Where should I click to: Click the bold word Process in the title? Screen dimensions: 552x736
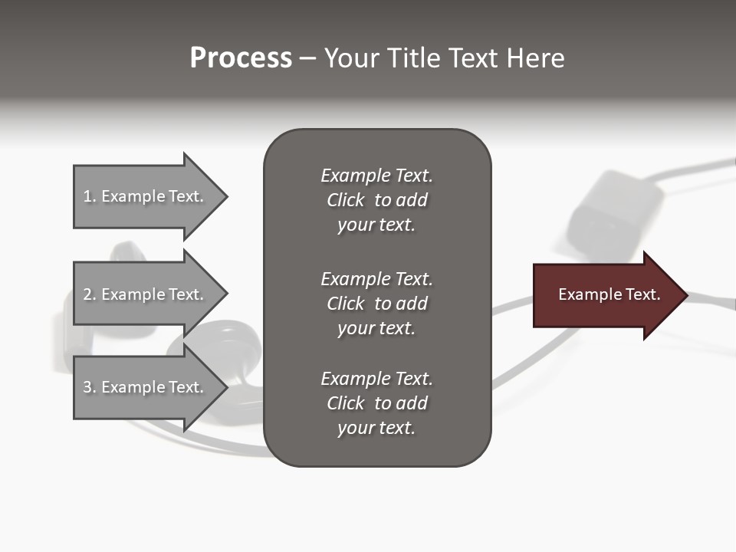241,58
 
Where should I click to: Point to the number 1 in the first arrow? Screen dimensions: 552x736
88,196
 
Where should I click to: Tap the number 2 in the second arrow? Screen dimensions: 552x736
88,294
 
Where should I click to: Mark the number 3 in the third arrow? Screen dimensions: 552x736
88,387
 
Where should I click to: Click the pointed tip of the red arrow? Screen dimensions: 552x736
685,295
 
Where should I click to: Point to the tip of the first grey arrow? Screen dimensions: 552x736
225,196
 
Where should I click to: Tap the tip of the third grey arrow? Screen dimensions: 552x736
225,387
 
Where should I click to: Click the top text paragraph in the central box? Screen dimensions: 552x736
376,200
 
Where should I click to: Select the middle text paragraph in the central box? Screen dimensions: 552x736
376,304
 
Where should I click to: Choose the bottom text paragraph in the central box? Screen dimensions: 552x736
376,403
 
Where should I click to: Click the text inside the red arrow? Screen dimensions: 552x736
609,294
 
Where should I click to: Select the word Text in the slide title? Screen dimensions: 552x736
472,58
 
